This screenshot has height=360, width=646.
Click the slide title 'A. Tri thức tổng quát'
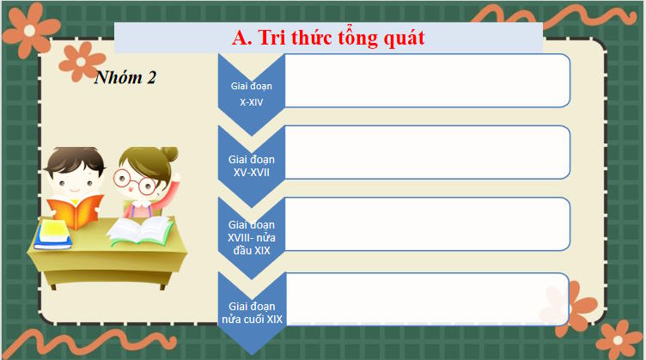[329, 38]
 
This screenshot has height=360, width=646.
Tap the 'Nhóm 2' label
[125, 77]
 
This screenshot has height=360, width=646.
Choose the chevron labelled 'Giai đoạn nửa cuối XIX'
[251, 312]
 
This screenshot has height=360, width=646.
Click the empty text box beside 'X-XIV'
[426, 81]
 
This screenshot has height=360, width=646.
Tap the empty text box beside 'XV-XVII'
[426, 152]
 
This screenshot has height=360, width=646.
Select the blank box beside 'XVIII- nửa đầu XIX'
[426, 224]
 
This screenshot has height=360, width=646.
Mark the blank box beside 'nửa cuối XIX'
[426, 299]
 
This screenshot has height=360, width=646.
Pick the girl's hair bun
[168, 155]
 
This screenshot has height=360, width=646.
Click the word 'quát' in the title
[402, 38]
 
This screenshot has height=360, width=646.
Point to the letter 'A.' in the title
[241, 38]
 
